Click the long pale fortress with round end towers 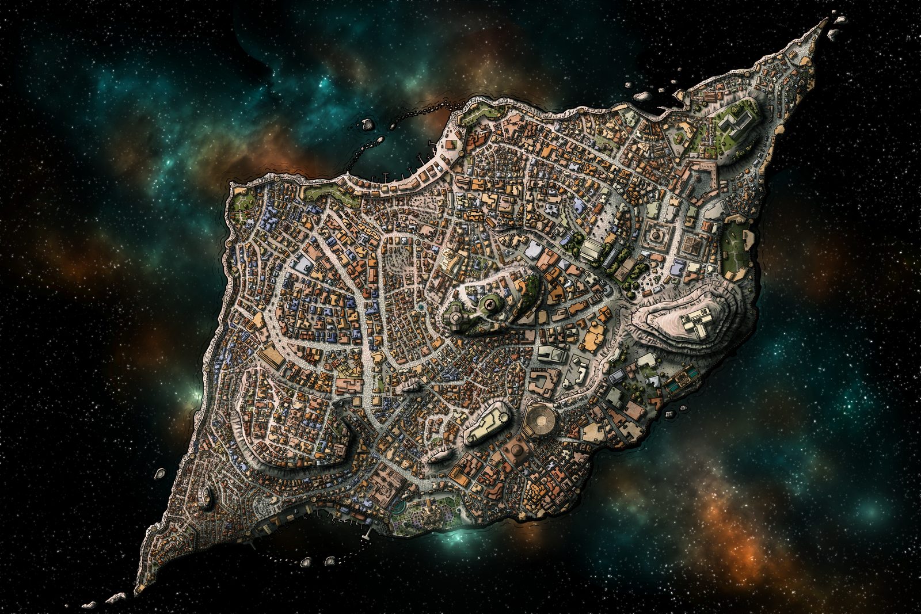point(487,424)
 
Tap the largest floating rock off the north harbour point(367,123)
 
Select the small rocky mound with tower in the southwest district point(205,496)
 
